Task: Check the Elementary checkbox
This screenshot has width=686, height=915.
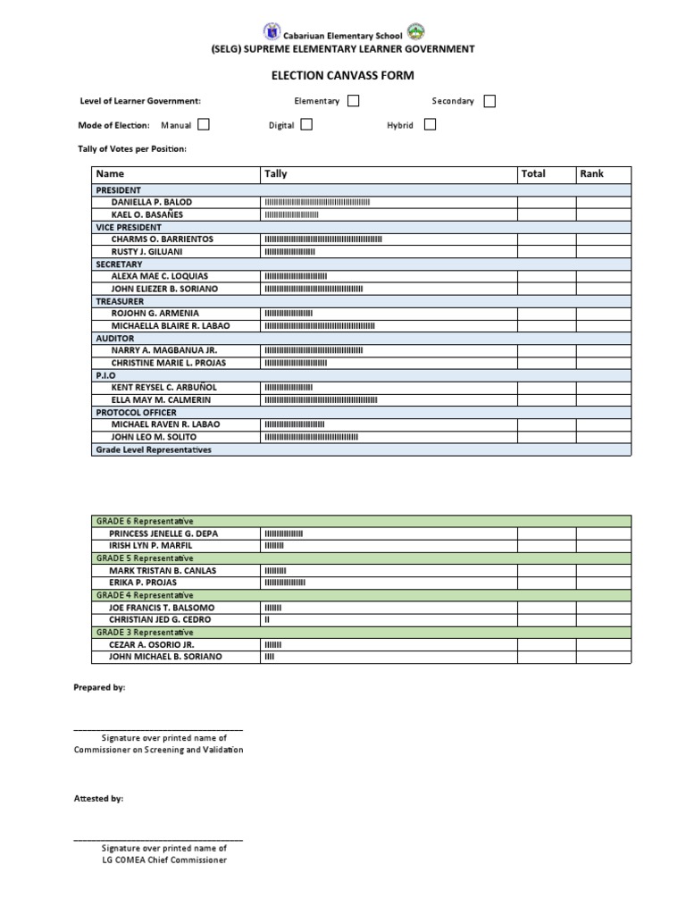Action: [x=353, y=101]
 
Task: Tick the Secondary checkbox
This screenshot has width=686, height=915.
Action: [x=489, y=101]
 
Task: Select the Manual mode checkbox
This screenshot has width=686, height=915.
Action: [x=204, y=125]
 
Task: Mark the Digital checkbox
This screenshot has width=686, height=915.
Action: [x=306, y=125]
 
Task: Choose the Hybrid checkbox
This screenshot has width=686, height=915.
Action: [x=430, y=125]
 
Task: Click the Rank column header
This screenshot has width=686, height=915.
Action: [x=591, y=173]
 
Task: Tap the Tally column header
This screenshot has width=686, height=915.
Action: [x=276, y=173]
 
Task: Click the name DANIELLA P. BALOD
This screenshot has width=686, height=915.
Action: [x=151, y=203]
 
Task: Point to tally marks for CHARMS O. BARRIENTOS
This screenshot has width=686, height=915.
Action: [x=322, y=239]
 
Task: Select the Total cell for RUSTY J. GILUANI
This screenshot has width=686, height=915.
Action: [x=546, y=252]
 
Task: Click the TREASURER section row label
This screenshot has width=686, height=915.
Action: [x=120, y=302]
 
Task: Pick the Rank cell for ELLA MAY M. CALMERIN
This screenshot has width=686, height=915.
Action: [x=603, y=400]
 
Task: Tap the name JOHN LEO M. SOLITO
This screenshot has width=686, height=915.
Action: [x=153, y=437]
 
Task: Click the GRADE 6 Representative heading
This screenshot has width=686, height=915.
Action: [x=145, y=521]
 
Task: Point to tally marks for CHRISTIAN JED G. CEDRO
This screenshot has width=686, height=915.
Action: [x=267, y=620]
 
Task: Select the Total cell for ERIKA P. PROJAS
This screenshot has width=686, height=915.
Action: [x=546, y=583]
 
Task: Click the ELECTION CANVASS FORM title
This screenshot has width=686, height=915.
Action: [x=342, y=77]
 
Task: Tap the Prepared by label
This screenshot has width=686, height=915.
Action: [x=99, y=688]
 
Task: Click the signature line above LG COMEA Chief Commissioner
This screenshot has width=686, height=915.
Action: [x=157, y=842]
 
